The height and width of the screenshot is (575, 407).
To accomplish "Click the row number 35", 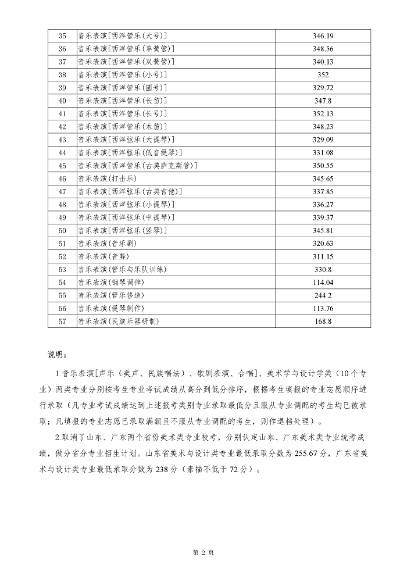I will coord(63,36).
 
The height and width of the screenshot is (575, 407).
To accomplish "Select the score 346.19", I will coord(323,36).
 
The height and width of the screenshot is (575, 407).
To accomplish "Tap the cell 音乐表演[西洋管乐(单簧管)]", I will coord(126,49).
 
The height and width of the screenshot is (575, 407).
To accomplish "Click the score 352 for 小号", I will coord(323,74).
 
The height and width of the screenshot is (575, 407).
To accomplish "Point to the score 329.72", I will coord(323,88).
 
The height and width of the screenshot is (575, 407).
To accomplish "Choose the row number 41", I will coord(63,113).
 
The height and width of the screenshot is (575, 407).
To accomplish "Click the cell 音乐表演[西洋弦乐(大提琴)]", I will coord(126,140).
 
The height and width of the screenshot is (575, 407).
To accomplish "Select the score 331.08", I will coord(323,152).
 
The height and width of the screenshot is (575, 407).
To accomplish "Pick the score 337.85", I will coord(323,191).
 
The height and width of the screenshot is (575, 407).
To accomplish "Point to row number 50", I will coord(63,230).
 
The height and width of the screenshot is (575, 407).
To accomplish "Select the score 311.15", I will coord(323,256).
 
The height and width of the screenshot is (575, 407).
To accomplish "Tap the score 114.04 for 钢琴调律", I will coord(323,282).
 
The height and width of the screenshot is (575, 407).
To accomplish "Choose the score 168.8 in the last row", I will coord(323,321).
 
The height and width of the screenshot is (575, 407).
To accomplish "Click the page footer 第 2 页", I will coord(203,552).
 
